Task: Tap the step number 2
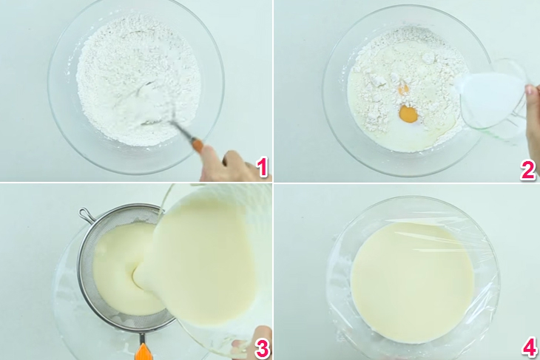coord(527,169)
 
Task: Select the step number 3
coord(261,347)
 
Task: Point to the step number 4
coord(527,347)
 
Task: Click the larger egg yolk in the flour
coord(408,115)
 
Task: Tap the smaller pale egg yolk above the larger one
coord(403,89)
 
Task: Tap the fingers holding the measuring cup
coord(532,103)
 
